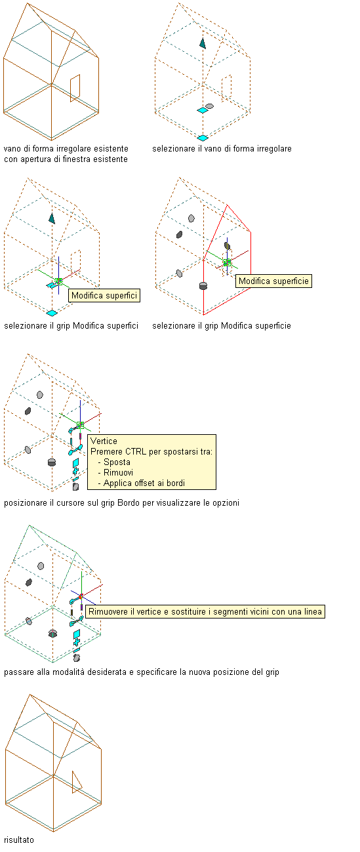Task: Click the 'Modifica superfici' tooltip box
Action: click(x=104, y=296)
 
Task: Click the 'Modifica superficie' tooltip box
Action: click(x=273, y=281)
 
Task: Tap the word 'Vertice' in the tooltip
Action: click(x=104, y=441)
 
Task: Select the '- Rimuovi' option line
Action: click(x=115, y=473)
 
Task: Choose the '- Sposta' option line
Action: click(x=114, y=462)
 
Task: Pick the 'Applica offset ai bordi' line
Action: click(x=142, y=483)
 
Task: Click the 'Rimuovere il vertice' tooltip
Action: click(x=205, y=611)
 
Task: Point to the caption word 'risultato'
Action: click(x=19, y=840)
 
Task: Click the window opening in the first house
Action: click(x=75, y=89)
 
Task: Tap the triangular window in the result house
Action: click(x=77, y=782)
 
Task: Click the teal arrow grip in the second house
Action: click(x=203, y=43)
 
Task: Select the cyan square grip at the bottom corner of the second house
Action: click(x=203, y=138)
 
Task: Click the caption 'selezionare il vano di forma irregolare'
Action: click(x=222, y=149)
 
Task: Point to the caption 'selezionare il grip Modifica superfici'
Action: click(x=71, y=325)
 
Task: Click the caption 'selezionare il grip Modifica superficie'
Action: click(x=222, y=325)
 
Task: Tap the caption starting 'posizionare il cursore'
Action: click(x=122, y=503)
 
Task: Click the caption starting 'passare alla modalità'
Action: click(x=142, y=672)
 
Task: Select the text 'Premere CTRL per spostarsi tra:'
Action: click(x=151, y=452)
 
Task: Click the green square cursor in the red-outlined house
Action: click(x=227, y=262)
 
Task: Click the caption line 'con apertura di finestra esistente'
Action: click(x=66, y=159)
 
